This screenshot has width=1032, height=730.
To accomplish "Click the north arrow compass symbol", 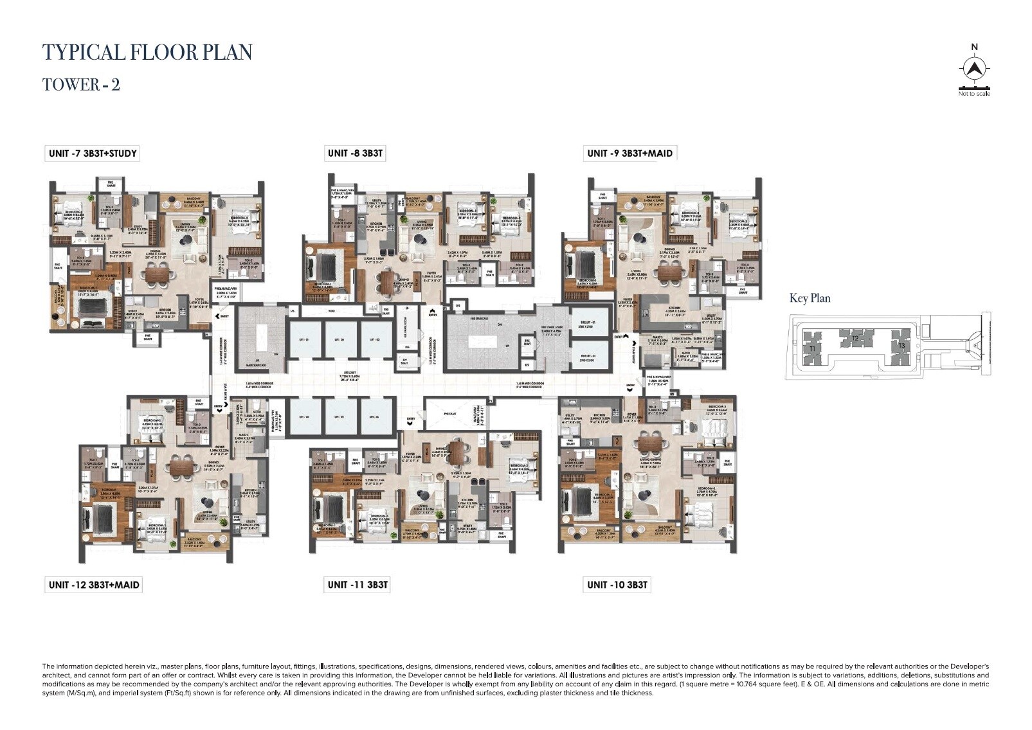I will pos(975,68).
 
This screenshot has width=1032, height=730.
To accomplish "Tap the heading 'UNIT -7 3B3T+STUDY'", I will pos(92,153).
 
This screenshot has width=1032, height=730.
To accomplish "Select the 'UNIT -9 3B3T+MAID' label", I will pos(629,153).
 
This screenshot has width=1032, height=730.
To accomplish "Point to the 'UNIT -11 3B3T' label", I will pos(358,584).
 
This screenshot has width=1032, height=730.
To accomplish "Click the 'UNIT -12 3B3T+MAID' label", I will pos(93,584).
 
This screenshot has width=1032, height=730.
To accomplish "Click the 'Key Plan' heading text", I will pos(810,298).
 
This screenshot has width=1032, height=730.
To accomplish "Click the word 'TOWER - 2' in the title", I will pos(81,84).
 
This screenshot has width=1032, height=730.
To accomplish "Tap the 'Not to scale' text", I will pos(973,94).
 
